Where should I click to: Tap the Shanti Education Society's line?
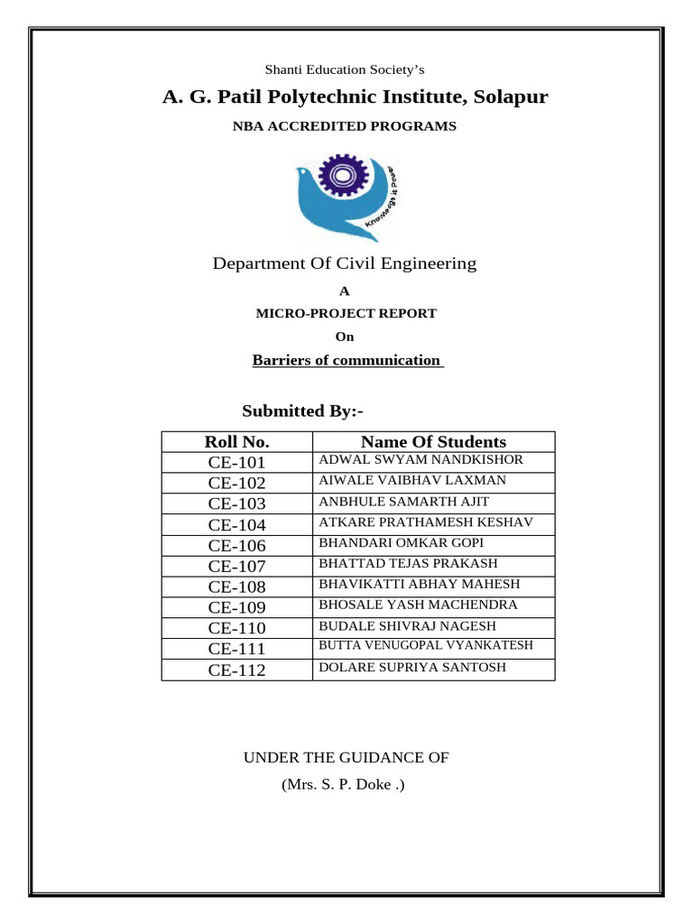click(x=344, y=69)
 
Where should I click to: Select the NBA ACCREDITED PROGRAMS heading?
click(x=345, y=126)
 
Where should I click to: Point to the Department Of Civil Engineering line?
click(x=344, y=263)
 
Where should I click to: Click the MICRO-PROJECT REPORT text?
click(x=346, y=314)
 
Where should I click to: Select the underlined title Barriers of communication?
click(x=346, y=361)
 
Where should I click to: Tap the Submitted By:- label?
click(x=302, y=411)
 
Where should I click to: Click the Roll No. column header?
click(x=236, y=442)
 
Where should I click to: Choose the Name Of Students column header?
click(x=433, y=442)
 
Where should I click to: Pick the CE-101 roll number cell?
click(x=236, y=463)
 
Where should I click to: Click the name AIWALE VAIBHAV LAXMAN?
click(x=412, y=481)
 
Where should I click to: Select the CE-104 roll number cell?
click(x=236, y=525)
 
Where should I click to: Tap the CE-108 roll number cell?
click(x=236, y=587)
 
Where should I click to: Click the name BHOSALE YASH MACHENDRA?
click(x=418, y=605)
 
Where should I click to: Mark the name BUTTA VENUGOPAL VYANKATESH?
click(x=426, y=646)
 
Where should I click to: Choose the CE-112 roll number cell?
click(x=236, y=670)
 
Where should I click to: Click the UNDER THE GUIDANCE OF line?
click(x=346, y=758)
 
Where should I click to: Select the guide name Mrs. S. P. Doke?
click(x=343, y=785)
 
